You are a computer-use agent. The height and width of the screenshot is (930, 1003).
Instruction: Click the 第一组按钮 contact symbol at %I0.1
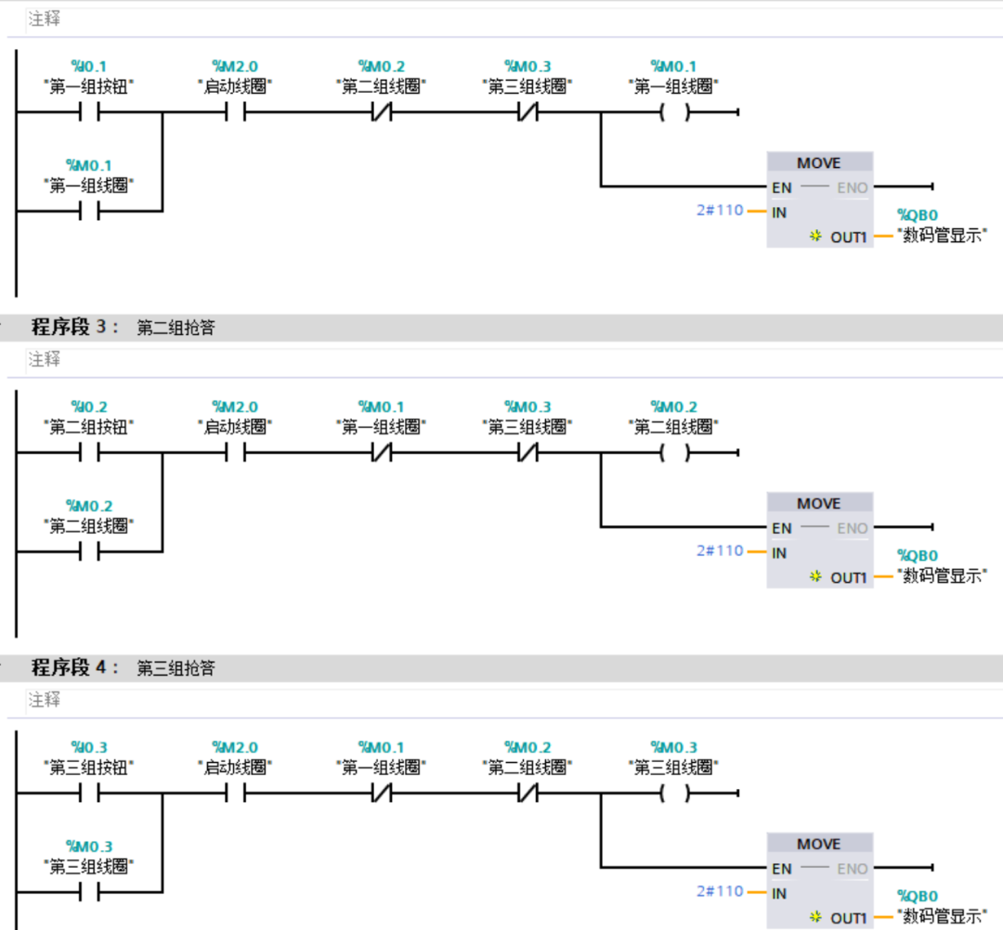click(89, 112)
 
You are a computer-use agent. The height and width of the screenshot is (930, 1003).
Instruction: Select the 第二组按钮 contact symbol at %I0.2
click(89, 453)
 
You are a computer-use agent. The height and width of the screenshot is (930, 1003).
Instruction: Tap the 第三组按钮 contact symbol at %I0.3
click(89, 794)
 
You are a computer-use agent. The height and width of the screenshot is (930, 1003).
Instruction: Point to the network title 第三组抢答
click(176, 668)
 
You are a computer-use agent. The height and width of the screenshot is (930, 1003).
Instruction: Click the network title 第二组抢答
click(176, 328)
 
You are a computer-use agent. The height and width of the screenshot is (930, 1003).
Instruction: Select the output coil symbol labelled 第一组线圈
click(675, 112)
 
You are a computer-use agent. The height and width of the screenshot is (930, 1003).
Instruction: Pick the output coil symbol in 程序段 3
click(675, 453)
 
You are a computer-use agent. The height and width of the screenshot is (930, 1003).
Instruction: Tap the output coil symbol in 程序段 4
click(675, 794)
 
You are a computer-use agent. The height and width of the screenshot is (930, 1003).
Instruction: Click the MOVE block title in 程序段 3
click(819, 504)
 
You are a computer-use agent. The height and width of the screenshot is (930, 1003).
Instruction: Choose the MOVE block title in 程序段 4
click(819, 845)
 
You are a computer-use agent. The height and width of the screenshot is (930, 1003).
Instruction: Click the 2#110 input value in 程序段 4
click(720, 891)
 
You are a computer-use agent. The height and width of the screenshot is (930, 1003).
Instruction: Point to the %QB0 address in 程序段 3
click(918, 555)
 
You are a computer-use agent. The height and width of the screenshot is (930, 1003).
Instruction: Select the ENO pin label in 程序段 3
click(852, 529)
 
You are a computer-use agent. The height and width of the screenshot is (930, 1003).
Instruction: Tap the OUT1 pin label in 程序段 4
click(848, 919)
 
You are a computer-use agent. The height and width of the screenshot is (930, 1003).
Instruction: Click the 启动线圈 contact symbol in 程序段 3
click(235, 453)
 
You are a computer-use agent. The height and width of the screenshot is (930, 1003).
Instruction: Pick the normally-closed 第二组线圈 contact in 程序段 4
click(528, 794)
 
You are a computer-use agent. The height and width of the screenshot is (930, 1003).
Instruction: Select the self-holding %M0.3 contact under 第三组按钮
click(89, 892)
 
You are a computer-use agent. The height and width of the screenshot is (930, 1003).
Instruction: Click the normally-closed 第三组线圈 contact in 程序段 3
click(528, 453)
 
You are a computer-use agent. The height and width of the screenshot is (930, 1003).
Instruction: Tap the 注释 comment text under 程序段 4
click(45, 699)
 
